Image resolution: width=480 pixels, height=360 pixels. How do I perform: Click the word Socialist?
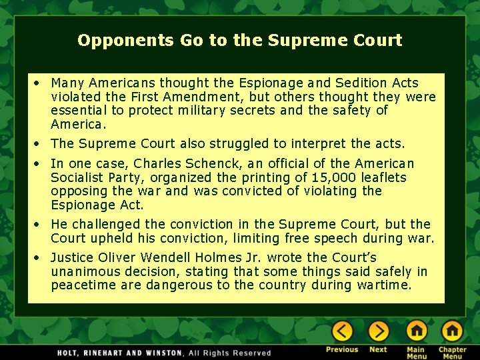(x=77, y=178)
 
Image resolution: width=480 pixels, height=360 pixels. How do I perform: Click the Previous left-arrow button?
(x=342, y=331)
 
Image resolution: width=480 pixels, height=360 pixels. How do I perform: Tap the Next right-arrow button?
(x=378, y=331)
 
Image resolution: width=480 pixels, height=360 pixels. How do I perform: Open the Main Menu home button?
(x=416, y=331)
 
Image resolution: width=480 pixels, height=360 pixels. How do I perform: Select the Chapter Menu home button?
(x=452, y=331)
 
